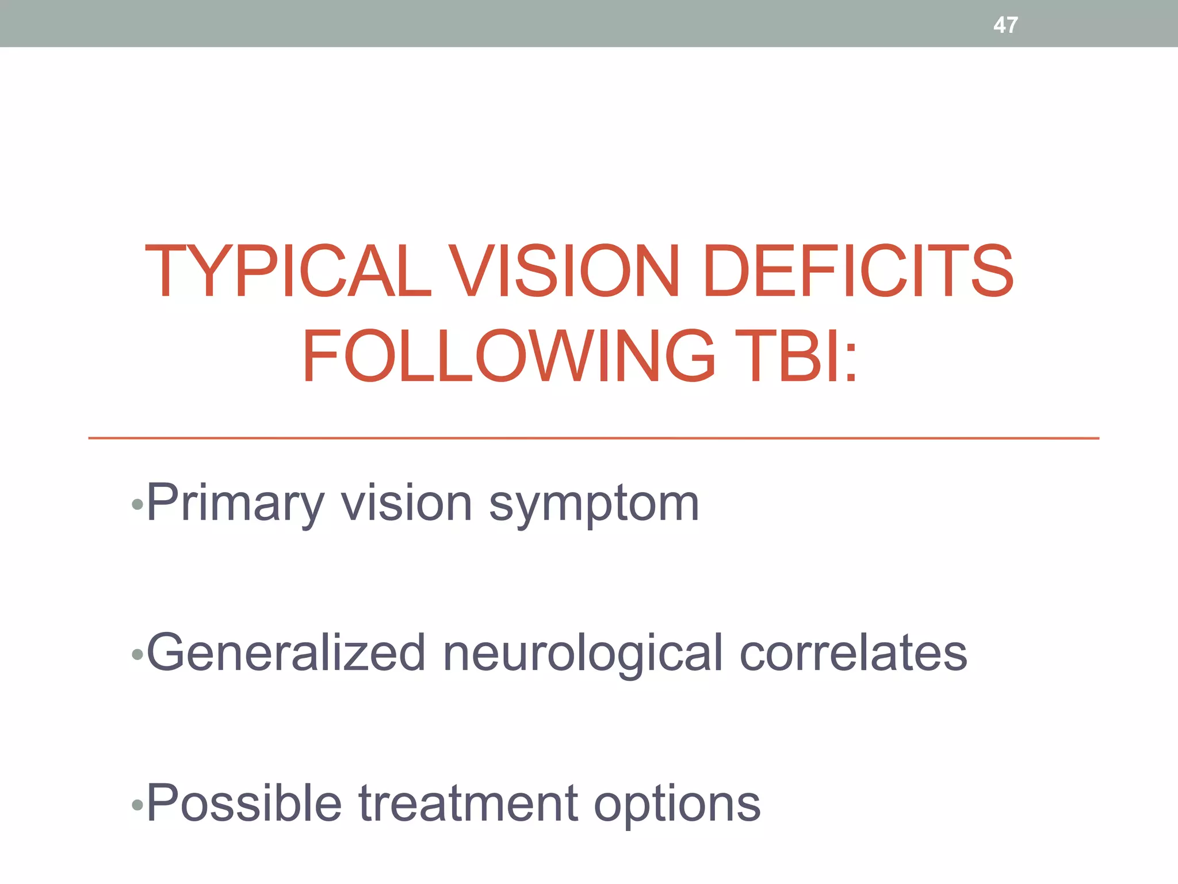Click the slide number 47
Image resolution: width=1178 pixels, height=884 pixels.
point(1005,25)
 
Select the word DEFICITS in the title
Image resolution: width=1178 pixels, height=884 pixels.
point(858,271)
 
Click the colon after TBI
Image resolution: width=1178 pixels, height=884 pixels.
point(851,363)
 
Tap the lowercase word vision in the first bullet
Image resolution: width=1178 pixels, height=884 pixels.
point(407,504)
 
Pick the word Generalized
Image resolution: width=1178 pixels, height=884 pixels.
point(286,653)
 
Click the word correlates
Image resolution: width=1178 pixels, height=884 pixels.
point(853,653)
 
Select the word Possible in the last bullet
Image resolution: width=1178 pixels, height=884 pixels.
point(244,803)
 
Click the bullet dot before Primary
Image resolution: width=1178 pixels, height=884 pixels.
point(137,505)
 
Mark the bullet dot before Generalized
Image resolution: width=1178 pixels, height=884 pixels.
point(137,655)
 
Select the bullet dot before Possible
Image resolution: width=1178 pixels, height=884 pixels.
point(137,805)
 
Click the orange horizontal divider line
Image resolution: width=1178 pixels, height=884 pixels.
point(592,439)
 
